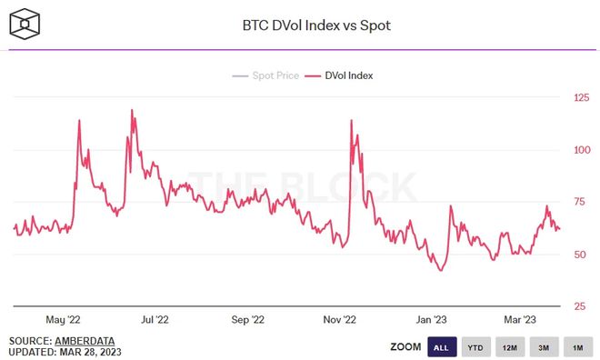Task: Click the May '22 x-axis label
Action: point(63,319)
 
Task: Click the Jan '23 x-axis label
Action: point(430,319)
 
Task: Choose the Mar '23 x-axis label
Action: point(519,319)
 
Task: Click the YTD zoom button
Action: point(475,346)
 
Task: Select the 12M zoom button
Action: point(509,346)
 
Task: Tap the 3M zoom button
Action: point(543,346)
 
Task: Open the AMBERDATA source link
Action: point(89,340)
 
